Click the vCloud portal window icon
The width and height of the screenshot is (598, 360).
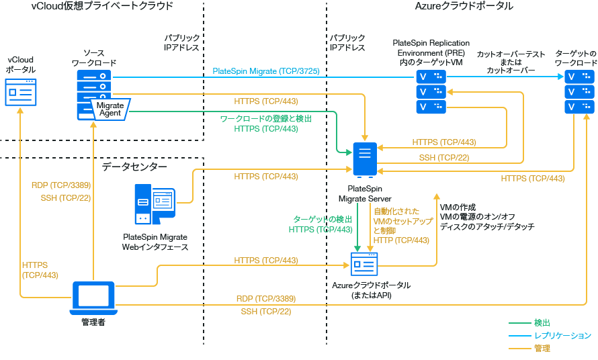(x=20, y=91)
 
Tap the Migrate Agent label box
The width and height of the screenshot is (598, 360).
(x=110, y=109)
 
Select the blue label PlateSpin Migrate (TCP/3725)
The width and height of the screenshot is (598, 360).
(x=265, y=71)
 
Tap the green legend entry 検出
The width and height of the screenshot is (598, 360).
(x=543, y=322)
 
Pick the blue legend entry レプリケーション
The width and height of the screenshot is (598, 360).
(x=562, y=335)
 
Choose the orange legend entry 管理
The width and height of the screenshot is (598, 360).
(x=543, y=348)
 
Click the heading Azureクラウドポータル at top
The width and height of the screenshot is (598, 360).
(x=464, y=6)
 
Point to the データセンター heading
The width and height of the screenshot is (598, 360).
(x=134, y=165)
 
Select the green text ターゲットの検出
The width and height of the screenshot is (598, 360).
(x=323, y=219)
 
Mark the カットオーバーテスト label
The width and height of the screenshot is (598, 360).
(x=510, y=54)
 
